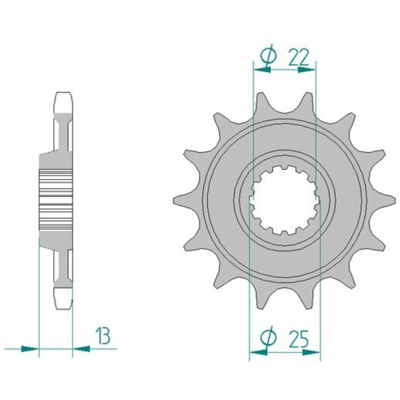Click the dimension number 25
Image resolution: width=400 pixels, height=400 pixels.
tap(299, 339)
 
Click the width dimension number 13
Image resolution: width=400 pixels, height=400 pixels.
tap(103, 336)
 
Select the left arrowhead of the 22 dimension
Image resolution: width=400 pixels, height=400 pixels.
tap(262, 69)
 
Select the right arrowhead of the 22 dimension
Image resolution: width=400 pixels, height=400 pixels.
tap(307, 69)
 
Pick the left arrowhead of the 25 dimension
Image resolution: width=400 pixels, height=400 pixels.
tap(258, 352)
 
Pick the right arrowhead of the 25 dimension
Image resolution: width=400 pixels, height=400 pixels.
tap(311, 352)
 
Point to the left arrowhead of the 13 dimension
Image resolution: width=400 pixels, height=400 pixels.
tap(29, 348)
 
